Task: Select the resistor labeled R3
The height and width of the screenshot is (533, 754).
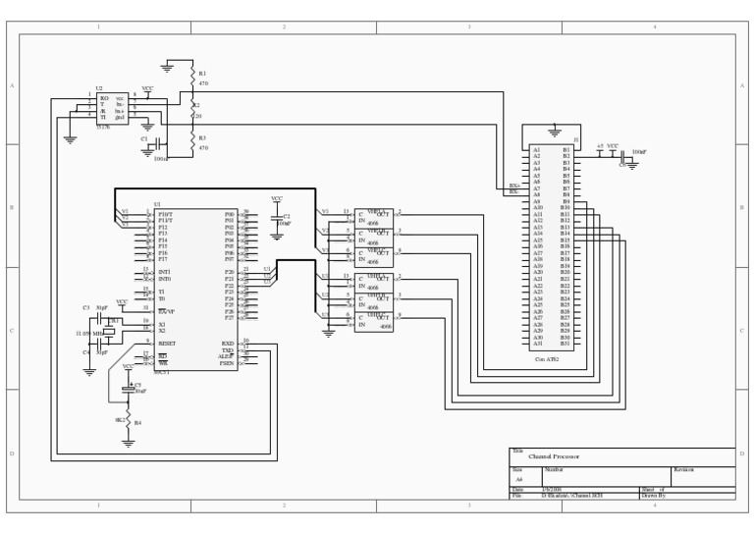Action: point(193,142)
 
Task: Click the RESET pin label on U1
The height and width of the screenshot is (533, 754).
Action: point(166,344)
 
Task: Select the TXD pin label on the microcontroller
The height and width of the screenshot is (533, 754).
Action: point(228,350)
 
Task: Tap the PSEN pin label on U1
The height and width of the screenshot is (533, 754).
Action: point(227,363)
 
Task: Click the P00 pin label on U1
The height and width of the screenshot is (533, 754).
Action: point(230,213)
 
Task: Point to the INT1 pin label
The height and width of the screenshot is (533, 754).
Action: point(164,272)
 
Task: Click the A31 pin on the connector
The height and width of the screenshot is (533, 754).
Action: point(537,344)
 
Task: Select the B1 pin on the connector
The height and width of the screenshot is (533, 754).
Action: point(565,149)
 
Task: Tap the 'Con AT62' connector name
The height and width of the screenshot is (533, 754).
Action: point(547,360)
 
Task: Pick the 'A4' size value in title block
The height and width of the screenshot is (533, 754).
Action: point(519,479)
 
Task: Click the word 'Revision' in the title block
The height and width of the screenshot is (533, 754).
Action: point(683,470)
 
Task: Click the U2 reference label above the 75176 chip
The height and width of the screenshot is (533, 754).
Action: point(98,88)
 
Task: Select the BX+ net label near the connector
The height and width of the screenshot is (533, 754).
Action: point(513,186)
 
